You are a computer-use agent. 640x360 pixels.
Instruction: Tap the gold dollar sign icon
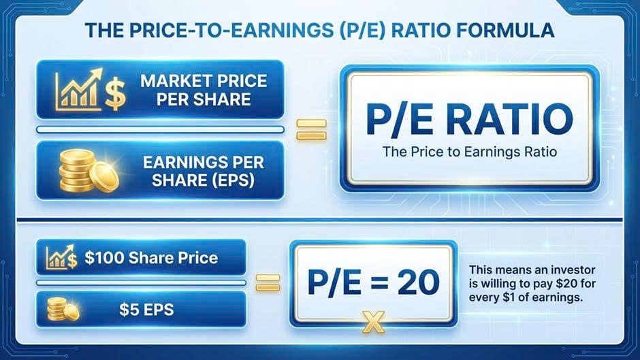coord(115,93)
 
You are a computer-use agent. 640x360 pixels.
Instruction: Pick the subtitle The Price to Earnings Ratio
coord(470,152)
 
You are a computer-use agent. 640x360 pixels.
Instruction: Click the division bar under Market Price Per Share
coord(161,129)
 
